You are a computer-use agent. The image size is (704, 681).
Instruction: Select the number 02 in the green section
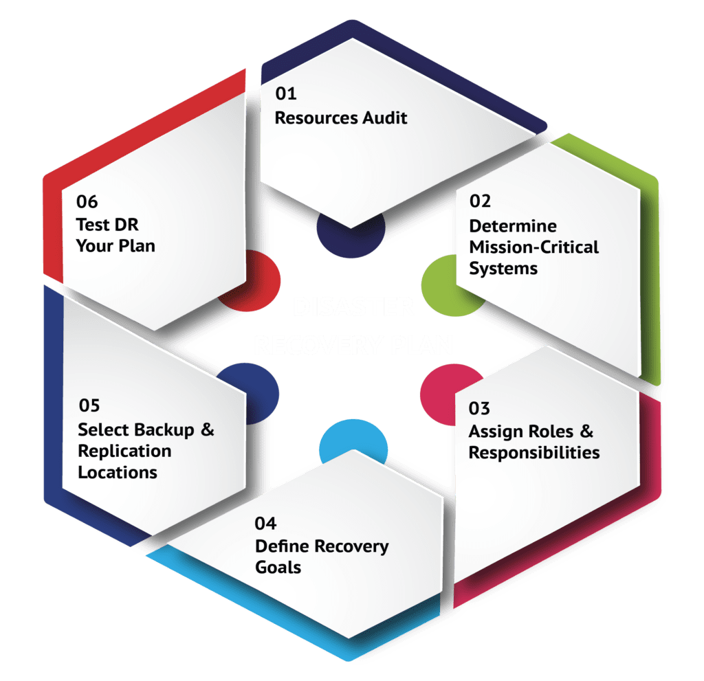click(x=480, y=201)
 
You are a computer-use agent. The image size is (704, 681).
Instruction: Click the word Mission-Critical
click(x=533, y=247)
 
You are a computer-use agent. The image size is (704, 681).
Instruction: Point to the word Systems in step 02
click(x=503, y=268)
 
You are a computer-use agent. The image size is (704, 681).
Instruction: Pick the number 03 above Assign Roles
click(x=479, y=408)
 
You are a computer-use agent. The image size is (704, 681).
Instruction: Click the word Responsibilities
click(x=533, y=453)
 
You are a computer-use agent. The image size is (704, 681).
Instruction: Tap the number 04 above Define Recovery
click(x=265, y=524)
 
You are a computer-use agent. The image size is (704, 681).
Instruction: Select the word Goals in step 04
click(x=278, y=568)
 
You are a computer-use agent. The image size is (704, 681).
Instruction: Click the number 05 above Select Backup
click(x=89, y=405)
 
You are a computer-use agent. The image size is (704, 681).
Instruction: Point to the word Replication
click(x=124, y=451)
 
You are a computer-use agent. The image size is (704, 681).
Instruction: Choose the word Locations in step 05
click(x=117, y=473)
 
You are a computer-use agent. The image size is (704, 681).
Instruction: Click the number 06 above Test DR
click(x=87, y=202)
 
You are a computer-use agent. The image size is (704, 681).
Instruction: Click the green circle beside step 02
click(x=437, y=281)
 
